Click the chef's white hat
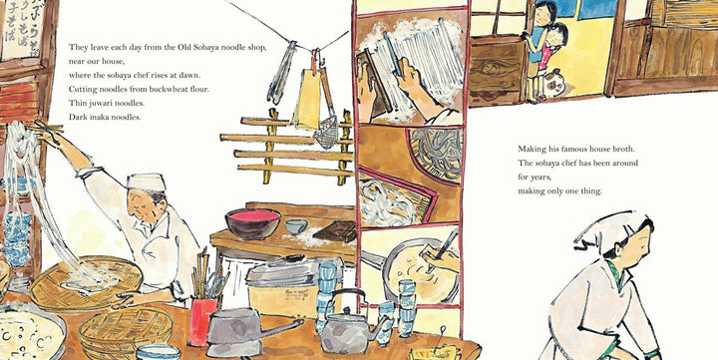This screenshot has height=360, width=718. pyautogui.click(x=146, y=181)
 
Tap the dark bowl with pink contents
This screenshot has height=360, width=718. pyautogui.click(x=252, y=223)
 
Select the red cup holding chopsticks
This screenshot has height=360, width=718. pyautogui.click(x=201, y=321)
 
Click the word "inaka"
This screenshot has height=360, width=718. pyautogui.click(x=98, y=117)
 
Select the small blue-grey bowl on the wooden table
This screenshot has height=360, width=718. pyautogui.click(x=296, y=226)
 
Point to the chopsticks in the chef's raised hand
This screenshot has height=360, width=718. pyautogui.click(x=45, y=129)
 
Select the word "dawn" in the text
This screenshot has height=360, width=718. pyautogui.click(x=191, y=75)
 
